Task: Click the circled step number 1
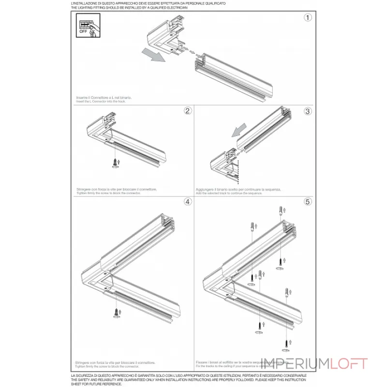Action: click(307, 18)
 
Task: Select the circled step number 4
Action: click(187, 202)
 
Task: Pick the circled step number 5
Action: click(307, 202)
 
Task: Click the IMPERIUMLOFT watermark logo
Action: click(314, 364)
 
